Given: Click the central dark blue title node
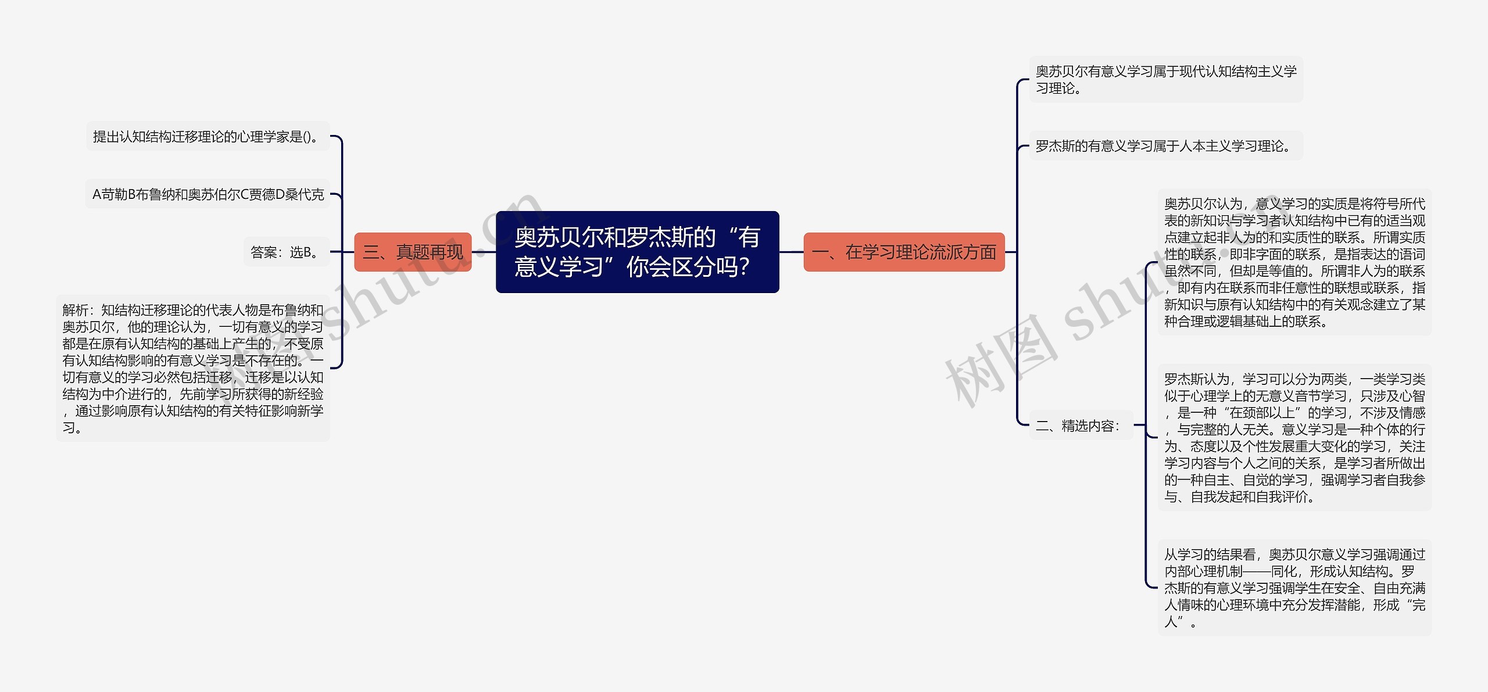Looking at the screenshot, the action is coord(637,252).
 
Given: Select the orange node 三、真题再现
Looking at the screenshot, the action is coord(413,252).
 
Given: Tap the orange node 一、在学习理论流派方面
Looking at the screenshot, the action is coord(904,252).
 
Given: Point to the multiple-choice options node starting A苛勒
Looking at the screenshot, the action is coord(208,194).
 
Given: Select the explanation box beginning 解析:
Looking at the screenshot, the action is coord(192,369).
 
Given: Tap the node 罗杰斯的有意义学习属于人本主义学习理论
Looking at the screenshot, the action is coord(1165,146).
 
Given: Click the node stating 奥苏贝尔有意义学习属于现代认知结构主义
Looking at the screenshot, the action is coord(1165,80).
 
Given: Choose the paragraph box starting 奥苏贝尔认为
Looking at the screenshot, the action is coord(1294,262).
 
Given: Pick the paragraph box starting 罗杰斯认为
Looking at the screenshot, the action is coord(1294,438).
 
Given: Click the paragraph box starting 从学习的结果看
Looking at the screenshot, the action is coord(1294,588).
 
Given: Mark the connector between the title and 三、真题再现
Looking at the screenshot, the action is coord(484,252).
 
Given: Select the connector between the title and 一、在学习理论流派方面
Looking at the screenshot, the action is coord(791,252).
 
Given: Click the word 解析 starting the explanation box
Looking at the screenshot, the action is coord(76,310).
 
